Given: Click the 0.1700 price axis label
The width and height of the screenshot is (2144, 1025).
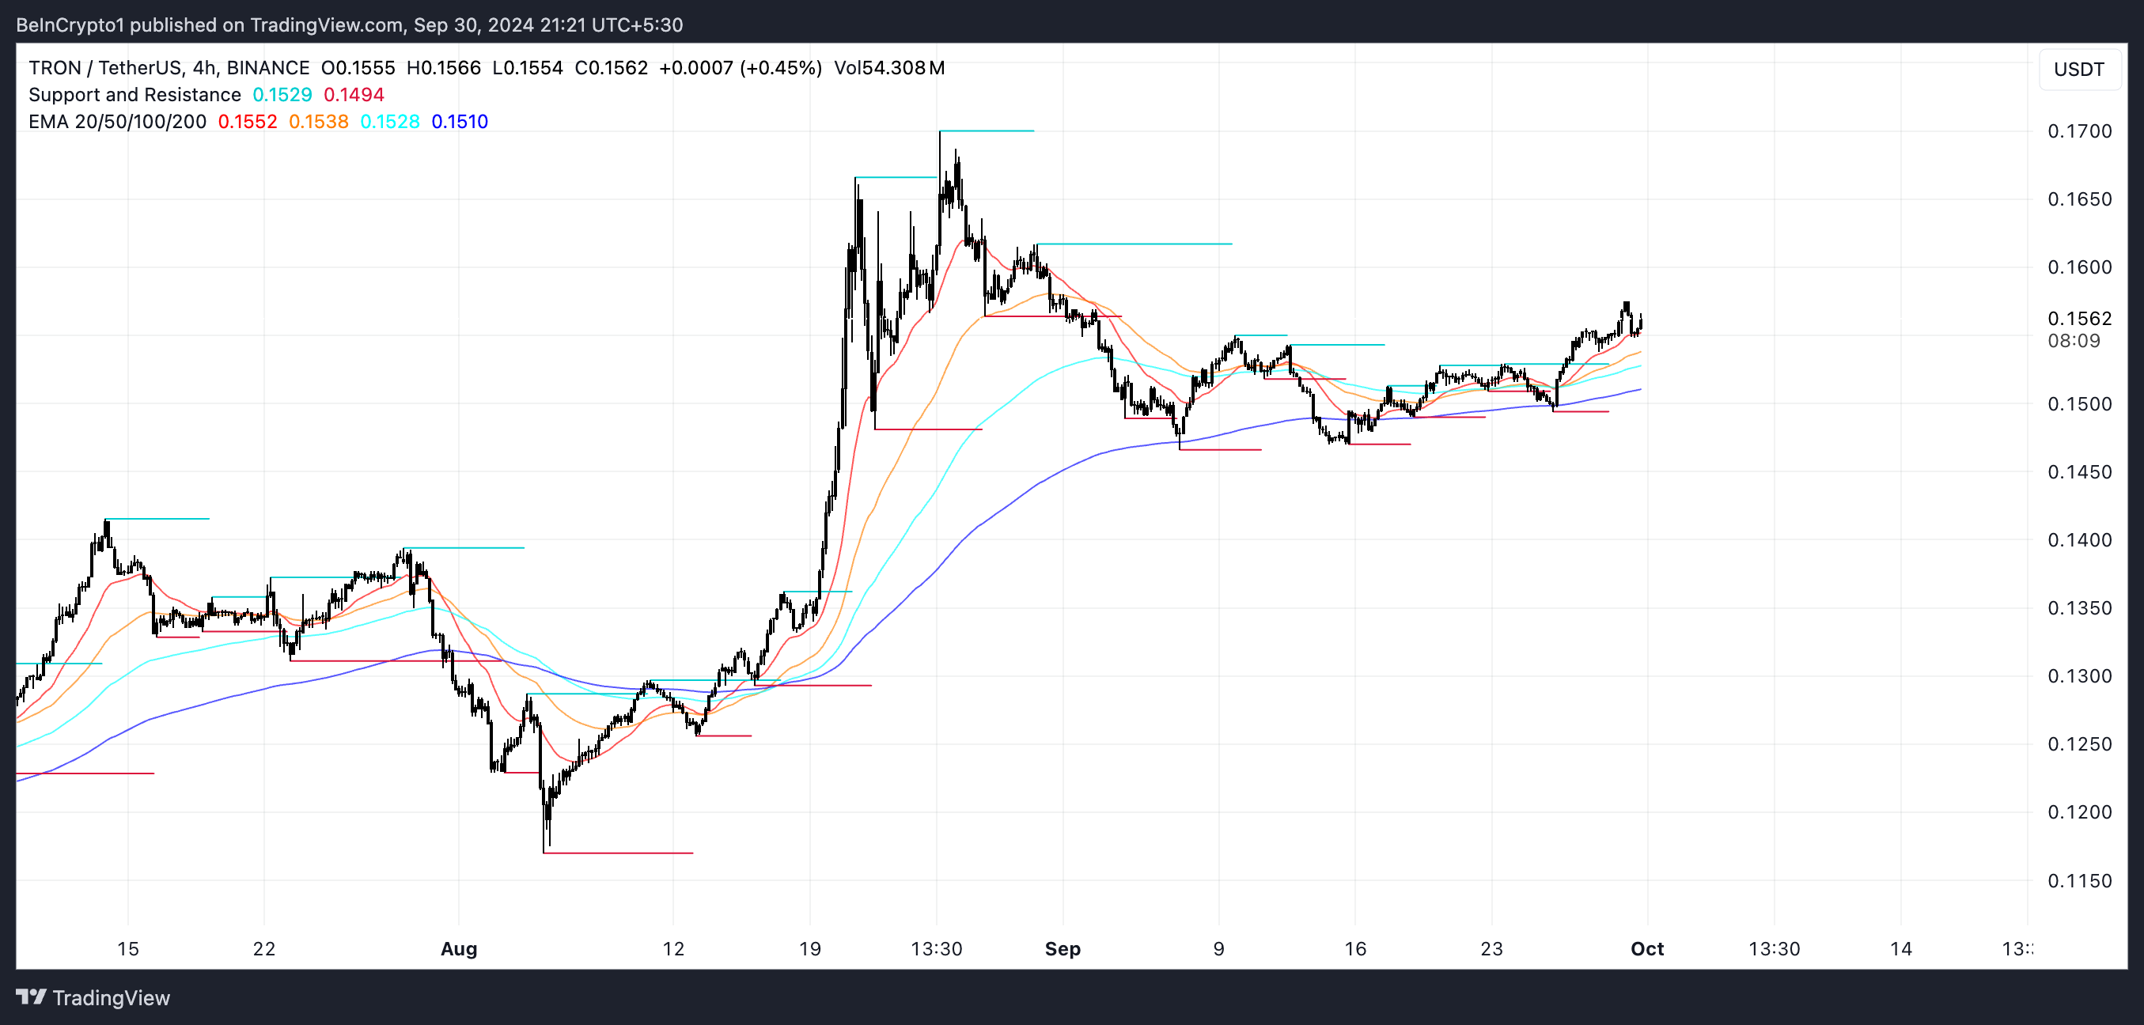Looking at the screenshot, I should pos(2079,131).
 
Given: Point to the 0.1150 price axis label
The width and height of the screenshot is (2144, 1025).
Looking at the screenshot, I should pos(2079,881).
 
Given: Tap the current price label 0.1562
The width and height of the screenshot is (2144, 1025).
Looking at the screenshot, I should pos(2079,319).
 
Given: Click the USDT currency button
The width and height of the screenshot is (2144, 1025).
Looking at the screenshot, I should pos(2078,70).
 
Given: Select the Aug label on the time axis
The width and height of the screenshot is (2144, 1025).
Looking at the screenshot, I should pos(459,949).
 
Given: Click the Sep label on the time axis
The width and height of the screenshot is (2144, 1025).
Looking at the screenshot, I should pos(1062,949).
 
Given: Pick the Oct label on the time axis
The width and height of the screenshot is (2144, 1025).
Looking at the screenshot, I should pos(1646,949).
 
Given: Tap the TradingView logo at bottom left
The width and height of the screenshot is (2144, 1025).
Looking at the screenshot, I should pos(93,997).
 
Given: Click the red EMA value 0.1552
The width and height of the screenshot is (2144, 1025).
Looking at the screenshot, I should pos(247,123).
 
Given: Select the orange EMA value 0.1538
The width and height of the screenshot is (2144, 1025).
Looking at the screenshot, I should pos(318,123).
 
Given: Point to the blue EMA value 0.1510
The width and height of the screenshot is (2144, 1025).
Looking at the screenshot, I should pos(460,123).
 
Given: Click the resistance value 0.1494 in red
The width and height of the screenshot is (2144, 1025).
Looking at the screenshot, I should pos(354,96).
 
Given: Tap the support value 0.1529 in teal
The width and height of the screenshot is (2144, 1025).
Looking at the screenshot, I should pos(282,96).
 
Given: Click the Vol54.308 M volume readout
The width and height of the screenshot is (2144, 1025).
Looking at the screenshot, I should pos(889,68).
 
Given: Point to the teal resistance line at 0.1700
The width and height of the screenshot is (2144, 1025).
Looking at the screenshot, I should pos(987,131).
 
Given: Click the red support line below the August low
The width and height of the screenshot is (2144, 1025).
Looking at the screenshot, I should pos(618,853).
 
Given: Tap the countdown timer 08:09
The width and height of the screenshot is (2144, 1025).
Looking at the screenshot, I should pos(2074,341).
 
